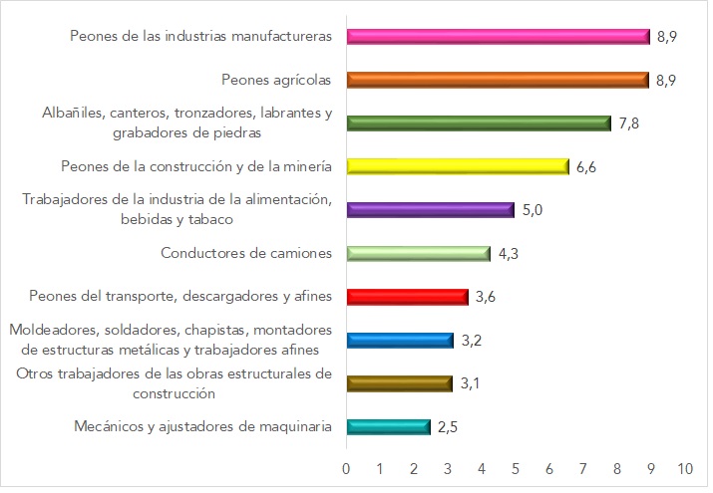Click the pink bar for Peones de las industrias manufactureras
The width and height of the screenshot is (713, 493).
[498, 37]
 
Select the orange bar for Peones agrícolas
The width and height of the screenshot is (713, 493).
[498, 80]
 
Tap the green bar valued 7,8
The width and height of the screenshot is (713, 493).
[479, 123]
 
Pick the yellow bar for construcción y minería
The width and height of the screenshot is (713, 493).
[458, 166]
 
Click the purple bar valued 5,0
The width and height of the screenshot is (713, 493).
[431, 209]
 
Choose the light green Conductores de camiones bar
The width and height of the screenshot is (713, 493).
[419, 253]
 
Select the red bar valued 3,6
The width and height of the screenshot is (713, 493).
[407, 296]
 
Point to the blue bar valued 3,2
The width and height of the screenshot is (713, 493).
[400, 340]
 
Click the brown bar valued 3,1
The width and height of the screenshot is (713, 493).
[399, 382]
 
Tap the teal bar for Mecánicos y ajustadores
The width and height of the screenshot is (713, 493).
[388, 426]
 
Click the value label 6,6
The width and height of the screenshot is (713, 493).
[586, 166]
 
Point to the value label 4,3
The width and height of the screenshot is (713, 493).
[509, 253]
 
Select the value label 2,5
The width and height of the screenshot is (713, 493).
[448, 426]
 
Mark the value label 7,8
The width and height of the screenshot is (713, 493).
[628, 123]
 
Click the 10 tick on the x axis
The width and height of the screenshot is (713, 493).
[684, 467]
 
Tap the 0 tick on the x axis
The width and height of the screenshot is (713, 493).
[346, 467]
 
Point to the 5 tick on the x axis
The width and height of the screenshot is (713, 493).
[516, 467]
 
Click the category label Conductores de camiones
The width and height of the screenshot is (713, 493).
[246, 253]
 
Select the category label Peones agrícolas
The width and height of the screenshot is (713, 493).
[276, 80]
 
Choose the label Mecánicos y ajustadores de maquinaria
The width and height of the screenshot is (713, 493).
[202, 426]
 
